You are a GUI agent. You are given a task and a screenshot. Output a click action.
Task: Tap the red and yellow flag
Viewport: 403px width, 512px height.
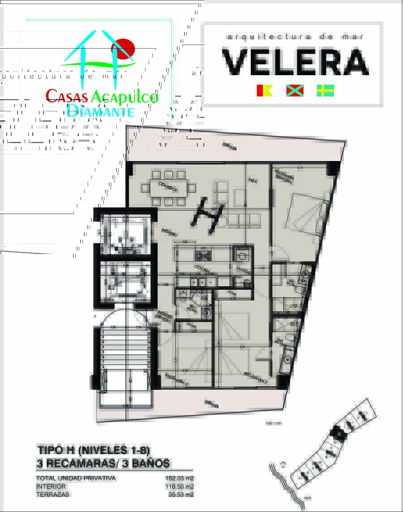264,90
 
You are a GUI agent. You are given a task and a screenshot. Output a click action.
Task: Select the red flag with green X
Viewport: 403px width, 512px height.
295,90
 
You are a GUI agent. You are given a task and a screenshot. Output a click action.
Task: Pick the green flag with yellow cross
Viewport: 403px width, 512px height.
326,90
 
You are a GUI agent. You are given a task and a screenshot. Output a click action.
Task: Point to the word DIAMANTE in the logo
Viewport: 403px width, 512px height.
100,110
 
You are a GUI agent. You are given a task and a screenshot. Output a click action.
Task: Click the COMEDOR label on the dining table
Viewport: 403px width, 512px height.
168,187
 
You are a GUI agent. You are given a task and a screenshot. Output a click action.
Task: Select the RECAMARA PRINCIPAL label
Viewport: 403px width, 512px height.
285,177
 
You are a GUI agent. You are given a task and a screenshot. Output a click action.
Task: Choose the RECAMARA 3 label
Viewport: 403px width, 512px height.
176,379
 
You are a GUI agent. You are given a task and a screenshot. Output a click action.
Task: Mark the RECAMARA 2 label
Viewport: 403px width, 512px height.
256,378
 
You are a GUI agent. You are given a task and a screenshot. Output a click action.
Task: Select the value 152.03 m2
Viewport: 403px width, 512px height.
180,478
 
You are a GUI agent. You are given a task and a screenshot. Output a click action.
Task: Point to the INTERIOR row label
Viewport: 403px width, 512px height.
51,487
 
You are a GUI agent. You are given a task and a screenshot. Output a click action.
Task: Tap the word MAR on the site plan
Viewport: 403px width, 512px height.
307,497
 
